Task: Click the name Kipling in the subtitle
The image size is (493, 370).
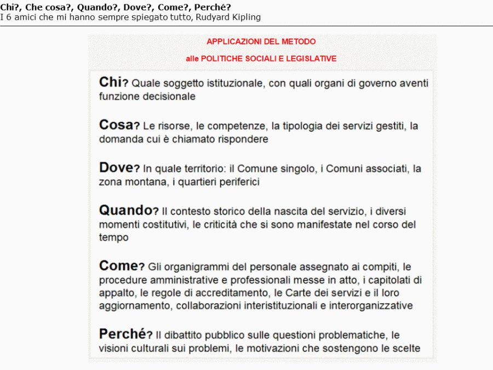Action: (x=247, y=17)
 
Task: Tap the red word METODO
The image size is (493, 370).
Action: (x=298, y=42)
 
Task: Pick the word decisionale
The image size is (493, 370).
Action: (x=168, y=97)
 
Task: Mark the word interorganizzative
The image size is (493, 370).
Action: (x=371, y=306)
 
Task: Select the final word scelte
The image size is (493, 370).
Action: (x=405, y=349)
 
